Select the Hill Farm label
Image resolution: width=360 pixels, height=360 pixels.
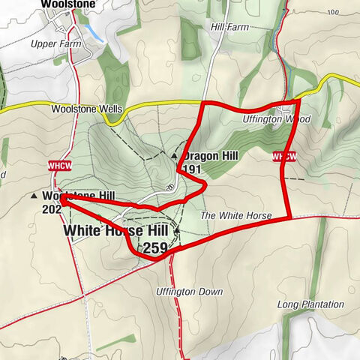point(229,27)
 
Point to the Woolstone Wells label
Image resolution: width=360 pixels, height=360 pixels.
point(86,109)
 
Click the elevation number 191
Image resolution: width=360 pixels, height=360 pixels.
point(193,170)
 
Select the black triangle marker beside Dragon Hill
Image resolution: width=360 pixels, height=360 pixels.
point(174,156)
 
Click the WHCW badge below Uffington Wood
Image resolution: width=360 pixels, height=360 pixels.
point(284,156)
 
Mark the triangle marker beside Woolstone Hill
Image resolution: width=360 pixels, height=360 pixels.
point(35,196)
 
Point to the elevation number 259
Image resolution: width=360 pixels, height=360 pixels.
point(156,248)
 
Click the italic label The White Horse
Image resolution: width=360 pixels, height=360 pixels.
point(236,216)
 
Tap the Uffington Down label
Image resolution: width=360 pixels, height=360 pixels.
point(190,291)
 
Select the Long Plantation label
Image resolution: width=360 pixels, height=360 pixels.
point(310,304)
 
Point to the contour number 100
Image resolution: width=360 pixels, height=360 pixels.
point(171,187)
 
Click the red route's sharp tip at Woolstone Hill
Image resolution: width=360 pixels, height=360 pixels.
point(61,199)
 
